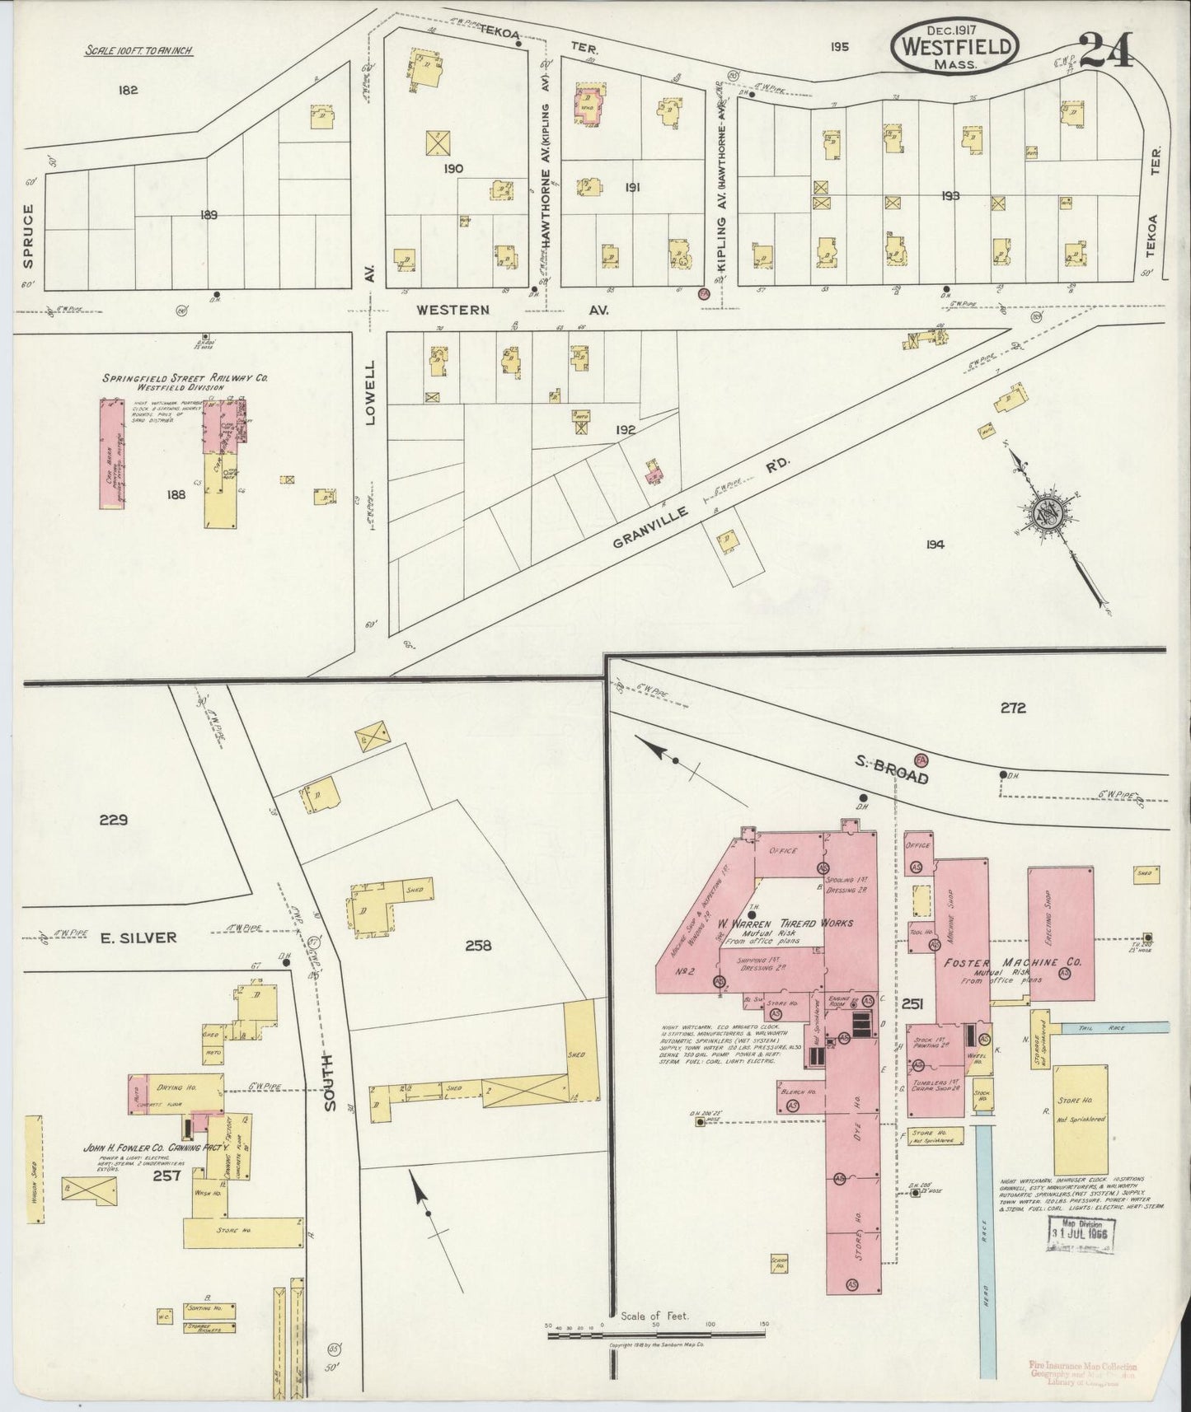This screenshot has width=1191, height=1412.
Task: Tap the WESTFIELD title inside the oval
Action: [954, 47]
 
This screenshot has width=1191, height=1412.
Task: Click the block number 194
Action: [934, 544]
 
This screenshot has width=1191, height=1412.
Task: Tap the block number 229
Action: [113, 819]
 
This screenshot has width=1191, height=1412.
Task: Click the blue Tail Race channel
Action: [1113, 1028]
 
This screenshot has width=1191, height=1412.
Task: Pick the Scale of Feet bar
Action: [657, 1331]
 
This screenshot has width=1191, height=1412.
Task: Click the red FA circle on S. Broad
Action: [921, 757]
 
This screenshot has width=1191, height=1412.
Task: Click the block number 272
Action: [1013, 707]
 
